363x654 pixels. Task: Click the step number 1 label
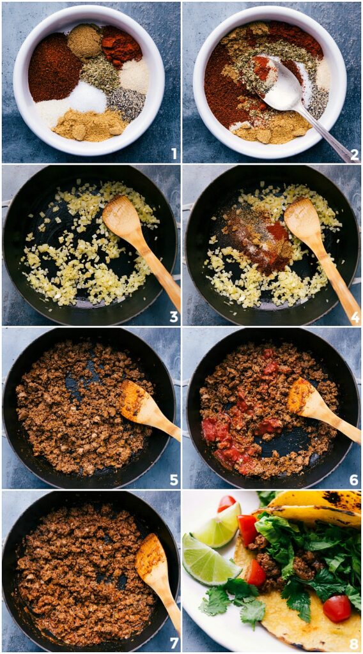click(174, 154)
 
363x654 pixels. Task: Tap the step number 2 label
click(354, 154)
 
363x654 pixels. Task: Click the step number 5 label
click(174, 480)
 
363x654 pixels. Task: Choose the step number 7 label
click(174, 643)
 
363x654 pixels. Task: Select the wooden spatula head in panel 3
click(122, 218)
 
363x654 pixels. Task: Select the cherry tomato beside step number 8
click(337, 607)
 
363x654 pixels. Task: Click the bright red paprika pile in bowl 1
click(121, 45)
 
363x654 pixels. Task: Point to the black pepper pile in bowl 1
click(125, 103)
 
